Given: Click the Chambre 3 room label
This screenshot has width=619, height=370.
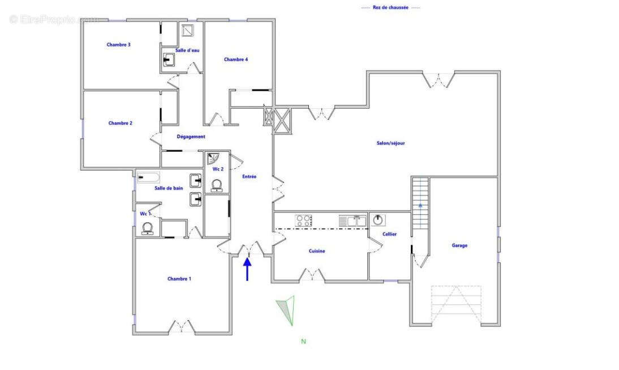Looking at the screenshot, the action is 118,45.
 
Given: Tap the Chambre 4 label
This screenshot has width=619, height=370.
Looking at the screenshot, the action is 236,59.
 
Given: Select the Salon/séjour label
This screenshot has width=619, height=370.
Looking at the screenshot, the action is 390,143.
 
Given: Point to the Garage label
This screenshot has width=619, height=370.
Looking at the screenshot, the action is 459,245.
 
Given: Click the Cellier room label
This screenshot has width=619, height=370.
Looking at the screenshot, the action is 389,234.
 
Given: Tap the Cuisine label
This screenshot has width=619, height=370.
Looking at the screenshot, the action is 317,251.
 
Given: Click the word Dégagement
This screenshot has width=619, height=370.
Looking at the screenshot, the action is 191,137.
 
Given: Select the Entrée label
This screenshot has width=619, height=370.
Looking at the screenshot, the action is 249,177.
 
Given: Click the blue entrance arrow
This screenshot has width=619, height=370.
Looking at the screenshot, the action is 247,269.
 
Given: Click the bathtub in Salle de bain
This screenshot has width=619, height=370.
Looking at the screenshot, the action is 148,177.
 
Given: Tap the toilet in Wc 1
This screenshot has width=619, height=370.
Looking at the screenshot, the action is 147,228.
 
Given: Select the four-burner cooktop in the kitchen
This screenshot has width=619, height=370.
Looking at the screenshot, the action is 303,220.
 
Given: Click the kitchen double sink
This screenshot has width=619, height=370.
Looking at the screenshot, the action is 353,220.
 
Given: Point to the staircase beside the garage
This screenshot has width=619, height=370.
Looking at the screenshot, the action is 420,203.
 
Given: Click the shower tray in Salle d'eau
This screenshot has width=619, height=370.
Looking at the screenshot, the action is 188,30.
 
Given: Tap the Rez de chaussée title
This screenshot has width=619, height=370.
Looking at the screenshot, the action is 390,7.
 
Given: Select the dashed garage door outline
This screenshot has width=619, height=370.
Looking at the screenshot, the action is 456,305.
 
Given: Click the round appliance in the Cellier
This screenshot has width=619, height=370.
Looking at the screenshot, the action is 378,220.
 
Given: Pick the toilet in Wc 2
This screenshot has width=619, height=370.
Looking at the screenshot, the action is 216,185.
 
